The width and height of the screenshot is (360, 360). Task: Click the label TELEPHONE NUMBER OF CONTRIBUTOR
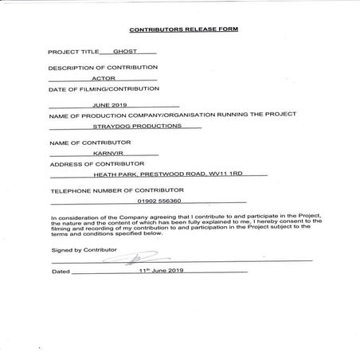(x=117, y=190)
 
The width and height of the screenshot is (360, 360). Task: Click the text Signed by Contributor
(x=83, y=249)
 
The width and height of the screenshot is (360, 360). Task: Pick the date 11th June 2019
(x=161, y=271)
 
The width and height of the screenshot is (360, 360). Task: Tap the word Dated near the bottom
(x=61, y=272)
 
